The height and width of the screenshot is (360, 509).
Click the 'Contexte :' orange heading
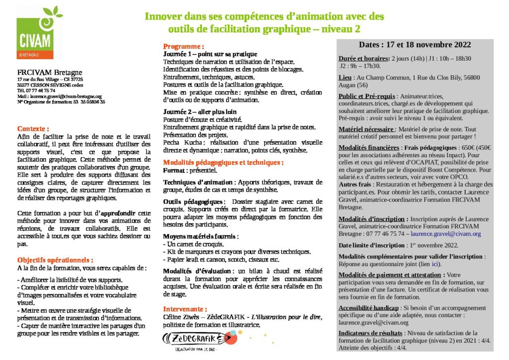pos(33,128)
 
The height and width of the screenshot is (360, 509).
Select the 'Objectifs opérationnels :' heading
pos(55,260)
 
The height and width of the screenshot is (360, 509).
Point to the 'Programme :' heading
pos(184,46)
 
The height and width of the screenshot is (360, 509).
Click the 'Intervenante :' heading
pos(185,309)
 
